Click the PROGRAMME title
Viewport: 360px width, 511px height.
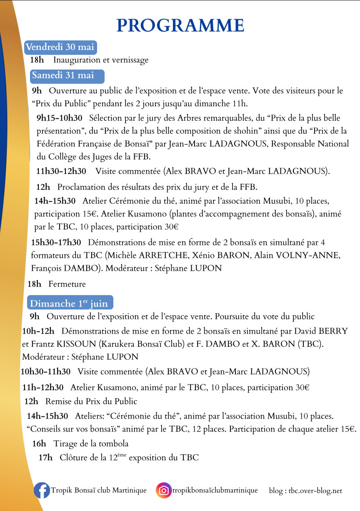[180, 25]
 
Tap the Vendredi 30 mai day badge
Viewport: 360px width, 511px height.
[60, 47]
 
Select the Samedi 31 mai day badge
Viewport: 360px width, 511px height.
[67, 76]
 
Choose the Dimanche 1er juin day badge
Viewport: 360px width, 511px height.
[70, 303]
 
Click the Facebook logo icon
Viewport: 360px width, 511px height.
[41, 491]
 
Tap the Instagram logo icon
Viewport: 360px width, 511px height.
[164, 491]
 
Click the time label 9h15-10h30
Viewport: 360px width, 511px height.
[59, 117]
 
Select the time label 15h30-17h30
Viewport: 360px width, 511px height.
[56, 242]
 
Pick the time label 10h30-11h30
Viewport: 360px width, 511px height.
[45, 371]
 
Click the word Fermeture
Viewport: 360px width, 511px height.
[67, 284]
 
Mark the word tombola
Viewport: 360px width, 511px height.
[113, 444]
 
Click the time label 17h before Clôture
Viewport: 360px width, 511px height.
[45, 458]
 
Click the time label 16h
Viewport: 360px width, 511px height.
[39, 444]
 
